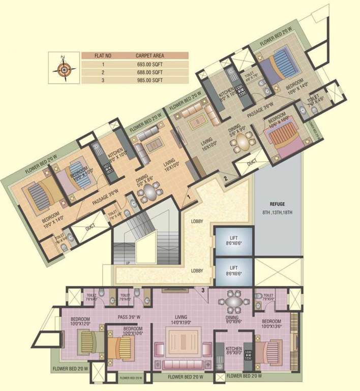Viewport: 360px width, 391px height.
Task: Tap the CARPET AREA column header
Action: click(x=149, y=55)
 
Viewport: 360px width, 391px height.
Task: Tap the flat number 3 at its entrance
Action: click(x=203, y=290)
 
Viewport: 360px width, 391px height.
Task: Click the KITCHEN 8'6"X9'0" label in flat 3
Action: click(x=234, y=351)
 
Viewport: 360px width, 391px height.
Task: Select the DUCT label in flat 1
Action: click(x=89, y=229)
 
